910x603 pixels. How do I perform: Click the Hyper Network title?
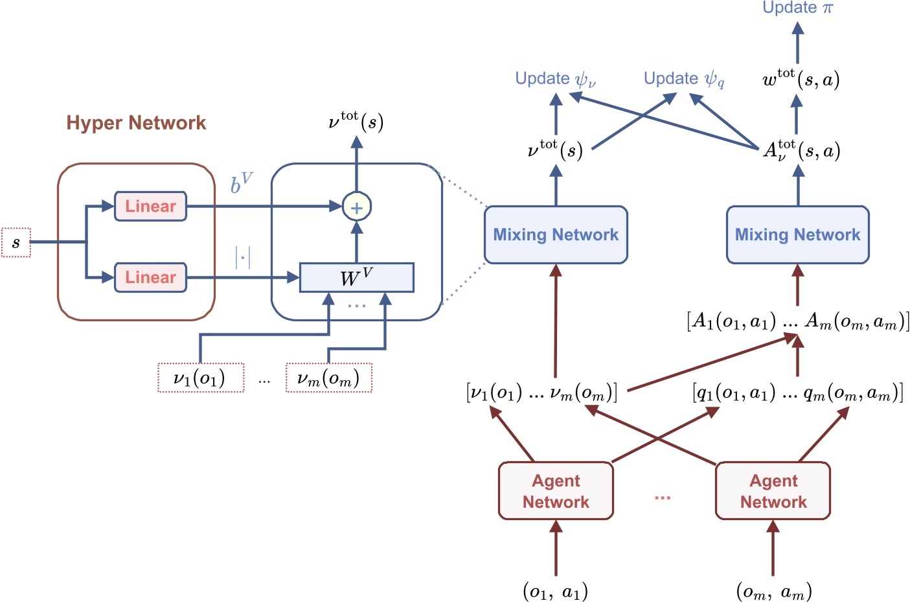(x=136, y=123)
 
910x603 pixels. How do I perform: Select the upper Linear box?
(x=150, y=207)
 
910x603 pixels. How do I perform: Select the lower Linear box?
(x=150, y=278)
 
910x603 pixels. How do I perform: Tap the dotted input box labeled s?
(x=16, y=243)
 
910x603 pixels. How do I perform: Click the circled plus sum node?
(x=356, y=207)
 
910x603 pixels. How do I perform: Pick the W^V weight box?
(x=356, y=278)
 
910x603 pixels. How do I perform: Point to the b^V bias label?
(x=242, y=183)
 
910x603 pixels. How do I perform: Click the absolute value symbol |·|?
(x=242, y=258)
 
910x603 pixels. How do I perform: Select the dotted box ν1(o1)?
(x=201, y=378)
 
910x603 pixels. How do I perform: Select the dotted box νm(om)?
(x=329, y=378)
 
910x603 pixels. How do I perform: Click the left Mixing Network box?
(x=556, y=235)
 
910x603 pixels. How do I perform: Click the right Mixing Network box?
(x=797, y=235)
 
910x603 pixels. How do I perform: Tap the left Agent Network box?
(x=556, y=491)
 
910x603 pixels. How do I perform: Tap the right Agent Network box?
(x=773, y=491)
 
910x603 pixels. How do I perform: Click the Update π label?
(x=797, y=8)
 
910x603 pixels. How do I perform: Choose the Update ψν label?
(x=555, y=79)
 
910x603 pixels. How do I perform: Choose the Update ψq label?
(x=684, y=79)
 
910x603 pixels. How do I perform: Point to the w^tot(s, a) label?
(x=801, y=79)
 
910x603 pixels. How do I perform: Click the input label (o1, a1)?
(x=555, y=591)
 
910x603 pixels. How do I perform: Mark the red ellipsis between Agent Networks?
(x=662, y=497)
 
